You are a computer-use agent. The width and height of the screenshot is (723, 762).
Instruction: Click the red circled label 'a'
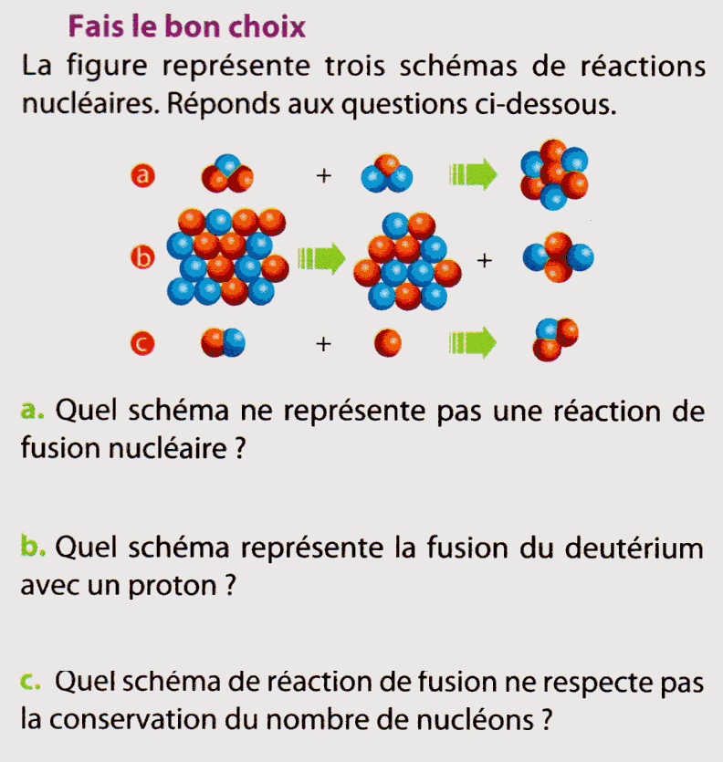(143, 175)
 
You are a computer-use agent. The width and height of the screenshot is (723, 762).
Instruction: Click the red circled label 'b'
(143, 257)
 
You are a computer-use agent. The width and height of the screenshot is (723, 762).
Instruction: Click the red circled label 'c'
(142, 343)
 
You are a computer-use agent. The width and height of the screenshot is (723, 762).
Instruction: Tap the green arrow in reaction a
(473, 174)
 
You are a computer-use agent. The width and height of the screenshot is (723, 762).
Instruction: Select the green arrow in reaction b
(321, 258)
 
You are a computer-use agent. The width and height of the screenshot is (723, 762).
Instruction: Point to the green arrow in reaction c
(473, 342)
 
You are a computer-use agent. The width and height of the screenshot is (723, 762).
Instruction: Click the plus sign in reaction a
(324, 175)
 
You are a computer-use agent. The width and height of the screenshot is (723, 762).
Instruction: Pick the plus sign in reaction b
(484, 261)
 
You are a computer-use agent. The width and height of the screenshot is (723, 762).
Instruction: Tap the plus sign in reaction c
(323, 344)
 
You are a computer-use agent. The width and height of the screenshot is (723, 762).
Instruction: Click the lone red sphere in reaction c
(387, 342)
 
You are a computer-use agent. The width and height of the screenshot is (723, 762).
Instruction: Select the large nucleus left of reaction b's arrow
(227, 256)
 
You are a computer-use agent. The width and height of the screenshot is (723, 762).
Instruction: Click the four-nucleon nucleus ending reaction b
(558, 257)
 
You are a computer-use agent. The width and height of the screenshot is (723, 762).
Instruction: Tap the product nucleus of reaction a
(554, 174)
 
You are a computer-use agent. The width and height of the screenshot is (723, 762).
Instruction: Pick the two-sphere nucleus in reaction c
(223, 342)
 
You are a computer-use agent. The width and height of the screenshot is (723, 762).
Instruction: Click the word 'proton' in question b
(173, 587)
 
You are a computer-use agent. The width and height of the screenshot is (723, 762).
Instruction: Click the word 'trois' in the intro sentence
(355, 66)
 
